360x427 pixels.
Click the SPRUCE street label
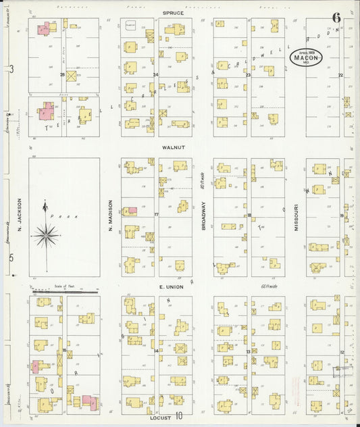pyautogui.click(x=174, y=13)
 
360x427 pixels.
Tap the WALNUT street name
pyautogui.click(x=174, y=147)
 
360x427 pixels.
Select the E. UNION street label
pyautogui.click(x=171, y=287)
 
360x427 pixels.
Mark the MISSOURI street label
pyautogui.click(x=295, y=218)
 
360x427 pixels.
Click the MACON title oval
pyautogui.click(x=307, y=57)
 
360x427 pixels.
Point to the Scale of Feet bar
pyautogui.click(x=64, y=291)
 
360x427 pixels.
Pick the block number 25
pyautogui.click(x=62, y=74)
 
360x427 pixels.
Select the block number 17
pyautogui.click(x=156, y=215)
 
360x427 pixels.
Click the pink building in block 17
pyautogui.click(x=132, y=211)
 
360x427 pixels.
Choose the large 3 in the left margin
pyautogui.click(x=11, y=70)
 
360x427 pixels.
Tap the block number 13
pyautogui.click(x=249, y=352)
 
